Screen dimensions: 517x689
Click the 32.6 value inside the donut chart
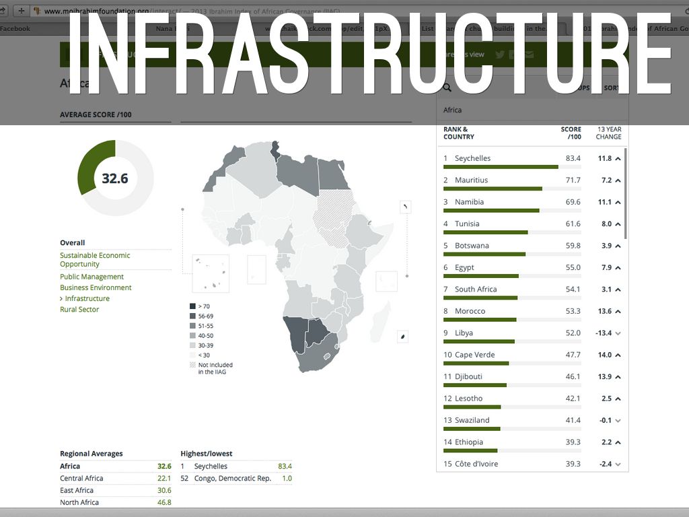(x=115, y=178)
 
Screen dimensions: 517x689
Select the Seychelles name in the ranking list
(x=472, y=158)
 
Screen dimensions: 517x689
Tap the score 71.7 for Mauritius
(x=573, y=180)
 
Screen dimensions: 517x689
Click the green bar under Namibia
(x=491, y=211)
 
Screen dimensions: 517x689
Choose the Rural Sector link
(x=79, y=310)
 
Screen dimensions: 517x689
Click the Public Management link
(x=92, y=277)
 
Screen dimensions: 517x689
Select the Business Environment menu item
(x=96, y=287)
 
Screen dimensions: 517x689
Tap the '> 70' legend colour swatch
(x=193, y=306)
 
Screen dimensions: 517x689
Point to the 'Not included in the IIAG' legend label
(x=215, y=368)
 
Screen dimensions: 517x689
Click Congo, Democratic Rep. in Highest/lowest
(x=232, y=479)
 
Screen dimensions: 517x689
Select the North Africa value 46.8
(x=164, y=503)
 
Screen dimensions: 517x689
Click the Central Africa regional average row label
(x=81, y=479)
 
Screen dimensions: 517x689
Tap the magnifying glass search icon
(x=447, y=88)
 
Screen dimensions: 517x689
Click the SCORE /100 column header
(x=571, y=133)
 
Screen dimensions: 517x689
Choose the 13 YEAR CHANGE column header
(x=608, y=133)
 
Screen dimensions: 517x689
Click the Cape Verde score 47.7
(x=573, y=355)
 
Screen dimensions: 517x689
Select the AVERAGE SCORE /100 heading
(x=96, y=115)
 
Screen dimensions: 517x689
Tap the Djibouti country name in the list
(x=468, y=377)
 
